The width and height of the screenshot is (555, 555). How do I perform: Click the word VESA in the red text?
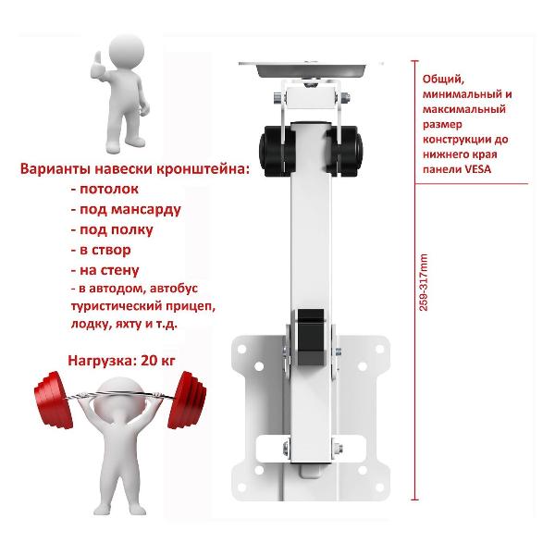tap(477, 169)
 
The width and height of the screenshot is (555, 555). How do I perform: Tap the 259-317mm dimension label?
tap(424, 282)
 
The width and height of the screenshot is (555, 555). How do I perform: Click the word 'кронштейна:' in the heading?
tap(203, 169)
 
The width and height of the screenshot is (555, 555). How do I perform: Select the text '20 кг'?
tap(158, 361)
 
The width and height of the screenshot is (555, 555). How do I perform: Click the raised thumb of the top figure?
tap(98, 59)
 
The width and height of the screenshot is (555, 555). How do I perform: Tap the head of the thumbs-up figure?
tap(127, 50)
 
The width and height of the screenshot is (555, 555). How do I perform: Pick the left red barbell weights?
tap(53, 400)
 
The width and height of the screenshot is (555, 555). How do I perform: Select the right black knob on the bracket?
tap(345, 151)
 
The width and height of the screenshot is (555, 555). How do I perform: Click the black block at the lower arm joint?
tap(311, 337)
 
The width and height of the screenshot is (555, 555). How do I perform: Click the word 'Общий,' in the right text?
tap(443, 80)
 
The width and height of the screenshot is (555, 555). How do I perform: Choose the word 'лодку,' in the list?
tap(91, 324)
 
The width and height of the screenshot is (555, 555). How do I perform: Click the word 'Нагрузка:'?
tap(103, 361)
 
